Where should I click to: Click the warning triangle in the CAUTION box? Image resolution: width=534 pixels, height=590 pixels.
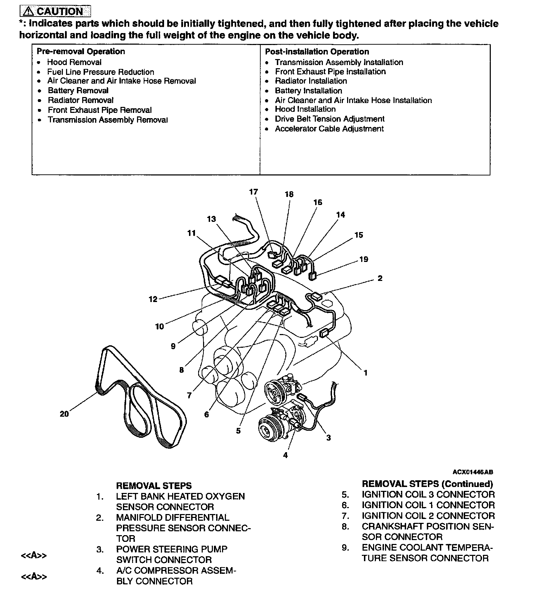(28, 12)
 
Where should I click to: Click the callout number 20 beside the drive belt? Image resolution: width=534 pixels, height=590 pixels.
(64, 414)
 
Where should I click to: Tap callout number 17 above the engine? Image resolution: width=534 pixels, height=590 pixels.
(253, 192)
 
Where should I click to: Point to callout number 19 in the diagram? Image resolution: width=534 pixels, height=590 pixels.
(364, 259)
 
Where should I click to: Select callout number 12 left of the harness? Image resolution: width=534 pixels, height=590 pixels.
(153, 299)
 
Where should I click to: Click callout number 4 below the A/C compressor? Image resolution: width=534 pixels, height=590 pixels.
(285, 455)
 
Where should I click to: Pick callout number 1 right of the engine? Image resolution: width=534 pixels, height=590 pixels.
(365, 372)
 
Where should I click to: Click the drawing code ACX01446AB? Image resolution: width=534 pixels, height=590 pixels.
(473, 472)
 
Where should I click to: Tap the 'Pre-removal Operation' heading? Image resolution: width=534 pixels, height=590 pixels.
(81, 52)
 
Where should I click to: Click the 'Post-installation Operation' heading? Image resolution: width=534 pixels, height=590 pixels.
(317, 52)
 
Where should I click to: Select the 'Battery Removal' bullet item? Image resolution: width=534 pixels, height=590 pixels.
(78, 91)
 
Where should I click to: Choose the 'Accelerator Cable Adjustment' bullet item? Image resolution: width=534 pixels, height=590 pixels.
(329, 129)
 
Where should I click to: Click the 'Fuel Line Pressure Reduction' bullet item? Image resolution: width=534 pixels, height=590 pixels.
(100, 72)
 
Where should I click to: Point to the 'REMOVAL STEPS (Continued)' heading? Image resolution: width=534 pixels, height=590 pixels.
(427, 484)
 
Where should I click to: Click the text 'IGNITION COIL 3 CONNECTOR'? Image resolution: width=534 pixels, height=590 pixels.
(428, 495)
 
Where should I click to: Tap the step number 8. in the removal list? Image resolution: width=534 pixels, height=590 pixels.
(346, 527)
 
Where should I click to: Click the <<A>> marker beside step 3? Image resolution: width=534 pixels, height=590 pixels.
(34, 556)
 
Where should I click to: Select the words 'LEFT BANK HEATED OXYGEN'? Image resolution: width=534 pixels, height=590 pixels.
(180, 496)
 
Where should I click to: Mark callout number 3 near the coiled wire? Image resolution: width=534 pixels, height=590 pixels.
(328, 438)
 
